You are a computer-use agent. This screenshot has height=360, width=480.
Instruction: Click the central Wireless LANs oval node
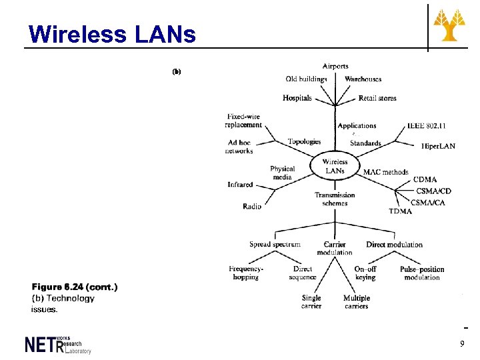click(335, 166)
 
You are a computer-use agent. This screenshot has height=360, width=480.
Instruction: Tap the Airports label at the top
click(335, 66)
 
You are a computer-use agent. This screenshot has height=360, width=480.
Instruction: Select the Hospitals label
click(297, 98)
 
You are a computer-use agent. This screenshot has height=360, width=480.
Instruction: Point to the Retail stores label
click(377, 98)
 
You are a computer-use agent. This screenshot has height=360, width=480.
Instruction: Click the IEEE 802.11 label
click(427, 125)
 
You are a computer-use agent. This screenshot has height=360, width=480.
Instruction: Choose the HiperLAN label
click(438, 146)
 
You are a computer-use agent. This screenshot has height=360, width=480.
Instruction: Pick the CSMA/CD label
click(434, 191)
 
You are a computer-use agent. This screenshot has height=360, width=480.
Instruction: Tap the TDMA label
click(401, 211)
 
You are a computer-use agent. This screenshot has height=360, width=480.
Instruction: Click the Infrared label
click(240, 185)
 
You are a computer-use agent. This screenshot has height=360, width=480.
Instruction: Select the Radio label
click(252, 207)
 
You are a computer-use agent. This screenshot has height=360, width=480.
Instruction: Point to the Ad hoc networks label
click(240, 147)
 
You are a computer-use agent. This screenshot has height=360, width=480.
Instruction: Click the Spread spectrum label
click(275, 244)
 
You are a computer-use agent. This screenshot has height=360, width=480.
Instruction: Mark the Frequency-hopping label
click(246, 273)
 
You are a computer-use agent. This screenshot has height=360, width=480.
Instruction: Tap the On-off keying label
click(365, 273)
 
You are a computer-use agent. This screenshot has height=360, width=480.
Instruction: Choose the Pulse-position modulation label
click(422, 273)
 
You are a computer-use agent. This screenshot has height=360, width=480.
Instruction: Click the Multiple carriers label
click(357, 302)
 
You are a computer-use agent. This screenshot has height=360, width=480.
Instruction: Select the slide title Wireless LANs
click(113, 34)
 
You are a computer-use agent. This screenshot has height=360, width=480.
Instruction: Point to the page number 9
click(462, 343)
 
